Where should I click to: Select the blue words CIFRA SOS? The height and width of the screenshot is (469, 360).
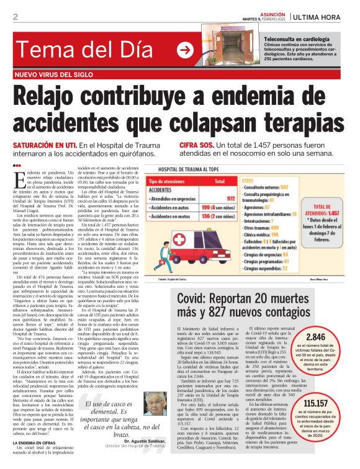point(197,145)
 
